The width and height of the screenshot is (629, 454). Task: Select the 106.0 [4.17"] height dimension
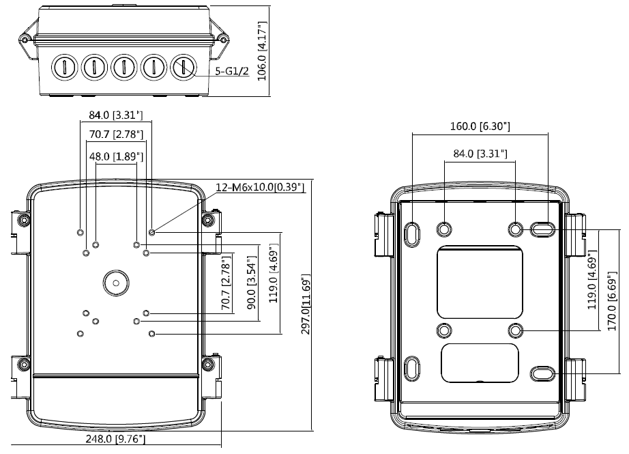click(x=262, y=51)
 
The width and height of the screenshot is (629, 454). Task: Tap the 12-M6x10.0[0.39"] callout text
click(x=260, y=187)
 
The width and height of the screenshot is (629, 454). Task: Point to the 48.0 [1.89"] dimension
click(x=117, y=156)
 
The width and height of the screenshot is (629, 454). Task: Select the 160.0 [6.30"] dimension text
click(x=480, y=126)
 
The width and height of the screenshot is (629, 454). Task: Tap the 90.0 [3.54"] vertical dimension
click(x=252, y=283)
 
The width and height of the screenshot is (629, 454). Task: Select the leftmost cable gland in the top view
click(x=64, y=67)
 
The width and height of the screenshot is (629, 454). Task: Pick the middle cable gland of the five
click(x=123, y=67)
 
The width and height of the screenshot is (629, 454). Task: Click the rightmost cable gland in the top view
click(x=183, y=67)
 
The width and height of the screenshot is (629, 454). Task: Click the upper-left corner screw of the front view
click(x=24, y=220)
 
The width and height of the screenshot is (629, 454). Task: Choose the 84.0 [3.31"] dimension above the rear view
click(x=480, y=154)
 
